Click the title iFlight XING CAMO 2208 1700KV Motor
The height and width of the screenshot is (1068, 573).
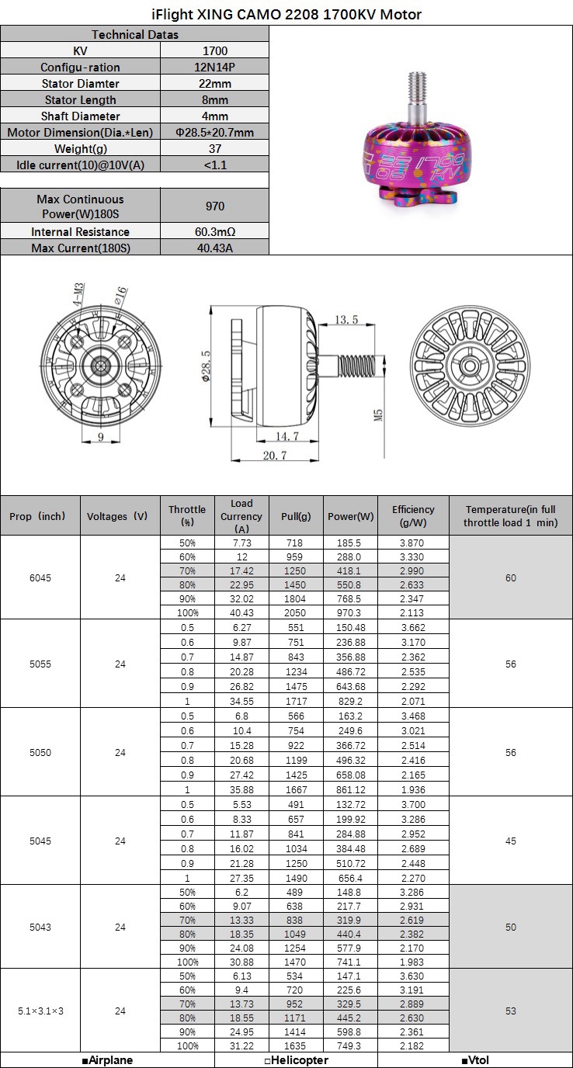pyautogui.click(x=286, y=14)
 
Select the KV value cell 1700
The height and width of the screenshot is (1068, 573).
pyautogui.click(x=214, y=50)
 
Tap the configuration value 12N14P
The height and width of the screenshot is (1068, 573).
pyautogui.click(x=214, y=68)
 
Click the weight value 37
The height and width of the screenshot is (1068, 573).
pyautogui.click(x=214, y=148)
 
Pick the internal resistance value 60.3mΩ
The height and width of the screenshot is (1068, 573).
pyautogui.click(x=214, y=231)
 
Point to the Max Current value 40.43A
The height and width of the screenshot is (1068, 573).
pyautogui.click(x=214, y=248)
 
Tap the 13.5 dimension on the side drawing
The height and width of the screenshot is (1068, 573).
pyautogui.click(x=346, y=320)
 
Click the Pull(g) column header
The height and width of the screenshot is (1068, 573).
pyautogui.click(x=296, y=516)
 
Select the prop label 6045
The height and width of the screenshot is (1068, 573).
pyautogui.click(x=40, y=577)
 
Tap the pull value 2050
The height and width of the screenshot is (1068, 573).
pyautogui.click(x=296, y=612)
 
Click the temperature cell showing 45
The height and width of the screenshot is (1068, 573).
pyautogui.click(x=510, y=841)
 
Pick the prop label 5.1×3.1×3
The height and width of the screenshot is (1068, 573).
pyautogui.click(x=40, y=1011)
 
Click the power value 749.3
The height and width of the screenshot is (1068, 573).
pyautogui.click(x=350, y=1045)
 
